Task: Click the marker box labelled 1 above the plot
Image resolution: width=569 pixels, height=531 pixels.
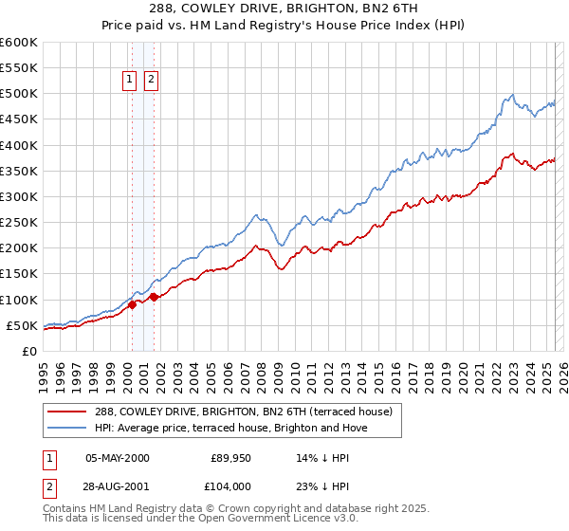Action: tap(132, 81)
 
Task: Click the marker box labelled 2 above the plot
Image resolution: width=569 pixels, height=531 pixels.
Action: tap(151, 81)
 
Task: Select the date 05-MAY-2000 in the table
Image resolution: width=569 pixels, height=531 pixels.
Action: tap(118, 458)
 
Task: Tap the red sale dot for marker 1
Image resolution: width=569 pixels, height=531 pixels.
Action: tap(132, 304)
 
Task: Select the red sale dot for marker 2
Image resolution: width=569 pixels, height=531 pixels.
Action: tap(154, 297)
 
